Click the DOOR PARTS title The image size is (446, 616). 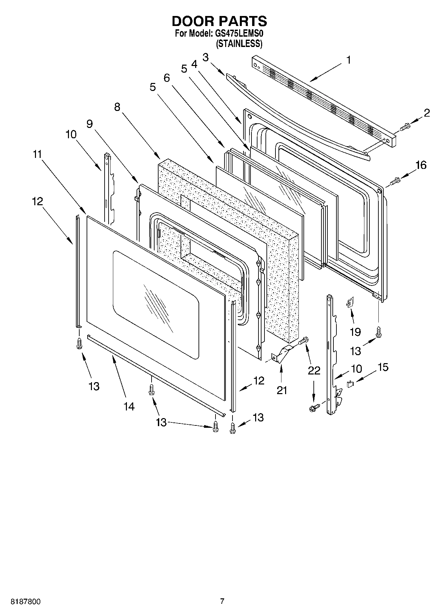(219, 21)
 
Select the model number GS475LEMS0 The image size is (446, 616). (241, 34)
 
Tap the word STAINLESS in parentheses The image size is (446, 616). (239, 44)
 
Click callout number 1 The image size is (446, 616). (348, 60)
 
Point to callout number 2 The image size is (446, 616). (427, 113)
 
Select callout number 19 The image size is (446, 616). (355, 331)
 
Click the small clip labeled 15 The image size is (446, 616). (350, 384)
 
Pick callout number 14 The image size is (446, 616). (129, 406)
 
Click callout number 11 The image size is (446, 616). (37, 155)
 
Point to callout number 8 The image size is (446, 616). (117, 107)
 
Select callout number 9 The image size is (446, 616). (90, 124)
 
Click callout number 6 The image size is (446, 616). (167, 78)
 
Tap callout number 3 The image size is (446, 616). (206, 57)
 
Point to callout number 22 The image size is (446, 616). (313, 370)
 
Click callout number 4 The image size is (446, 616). (194, 64)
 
